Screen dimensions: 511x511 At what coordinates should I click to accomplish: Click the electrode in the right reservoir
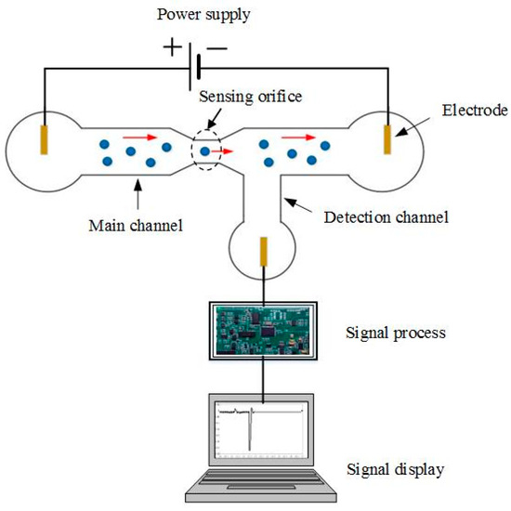[387, 138]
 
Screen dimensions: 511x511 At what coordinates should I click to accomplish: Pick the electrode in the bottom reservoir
[264, 254]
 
